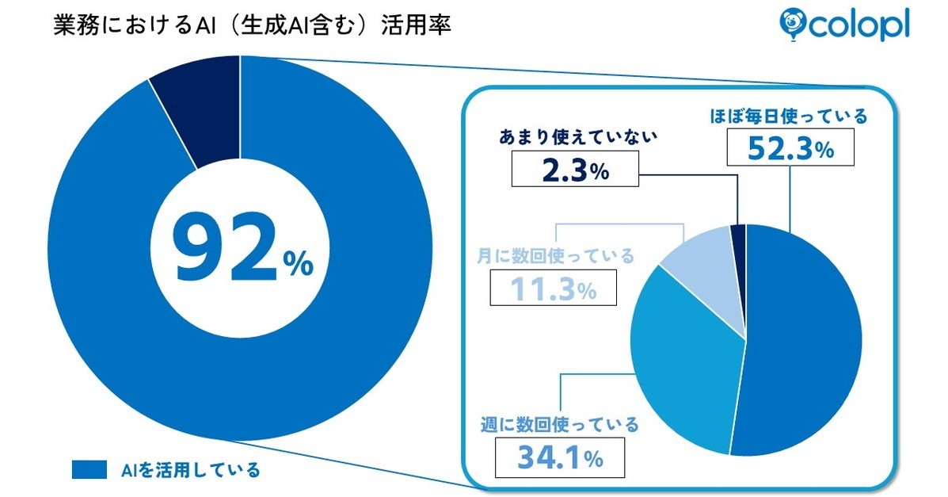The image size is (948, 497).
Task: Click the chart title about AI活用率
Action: [251, 25]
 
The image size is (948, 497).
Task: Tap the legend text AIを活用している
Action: [190, 469]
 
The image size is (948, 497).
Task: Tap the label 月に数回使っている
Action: [555, 257]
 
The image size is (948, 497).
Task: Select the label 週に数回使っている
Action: [560, 425]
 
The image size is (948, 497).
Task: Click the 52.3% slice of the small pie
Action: [804, 341]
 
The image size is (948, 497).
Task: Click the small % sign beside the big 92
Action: [299, 266]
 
